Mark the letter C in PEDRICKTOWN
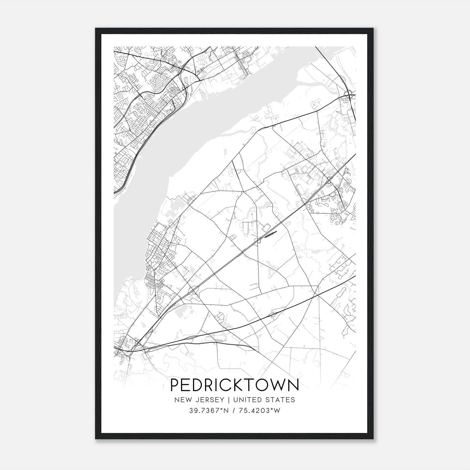226,385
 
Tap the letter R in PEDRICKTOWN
210,385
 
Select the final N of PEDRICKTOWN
293,385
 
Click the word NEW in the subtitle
182,400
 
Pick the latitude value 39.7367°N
209,411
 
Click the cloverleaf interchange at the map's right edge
349,95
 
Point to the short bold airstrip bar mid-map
271,234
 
